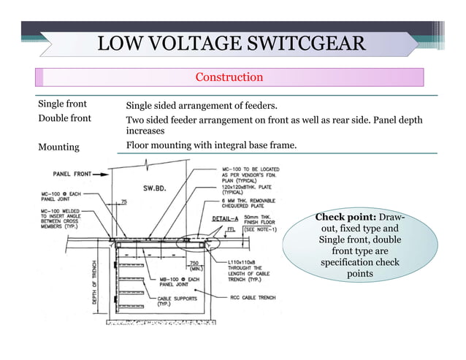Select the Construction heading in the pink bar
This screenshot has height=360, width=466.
pyautogui.click(x=229, y=77)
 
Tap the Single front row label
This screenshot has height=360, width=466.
pyautogui.click(x=62, y=104)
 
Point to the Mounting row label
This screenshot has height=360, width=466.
pyautogui.click(x=58, y=147)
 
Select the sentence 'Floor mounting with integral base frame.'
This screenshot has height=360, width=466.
pyautogui.click(x=212, y=145)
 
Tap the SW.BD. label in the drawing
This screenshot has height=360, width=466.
pyautogui.click(x=155, y=188)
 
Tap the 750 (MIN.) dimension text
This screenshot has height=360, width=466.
pyautogui.click(x=196, y=266)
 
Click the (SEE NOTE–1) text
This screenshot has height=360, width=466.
pyautogui.click(x=260, y=229)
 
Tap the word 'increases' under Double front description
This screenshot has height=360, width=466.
pyautogui.click(x=145, y=131)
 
